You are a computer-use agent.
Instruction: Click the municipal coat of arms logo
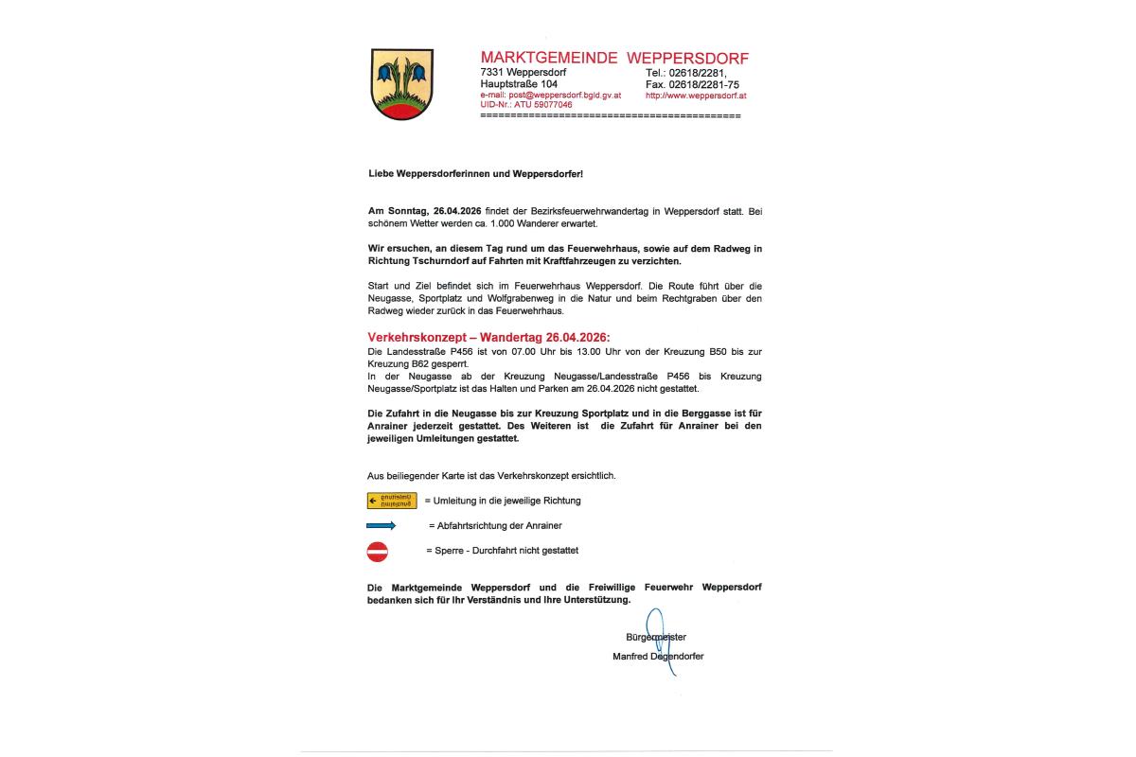tap(402, 83)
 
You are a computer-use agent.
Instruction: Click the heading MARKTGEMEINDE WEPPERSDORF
tap(614, 59)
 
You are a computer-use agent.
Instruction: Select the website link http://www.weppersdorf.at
tap(697, 96)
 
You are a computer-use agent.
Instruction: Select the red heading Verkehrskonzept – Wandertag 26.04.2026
tap(489, 338)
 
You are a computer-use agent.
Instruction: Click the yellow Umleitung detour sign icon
tap(392, 501)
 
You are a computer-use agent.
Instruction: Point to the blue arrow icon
tap(382, 525)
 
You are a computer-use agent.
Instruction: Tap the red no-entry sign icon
tap(378, 551)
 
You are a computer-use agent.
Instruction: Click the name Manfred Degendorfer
tap(658, 656)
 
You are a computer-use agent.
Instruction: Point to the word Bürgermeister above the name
tap(656, 637)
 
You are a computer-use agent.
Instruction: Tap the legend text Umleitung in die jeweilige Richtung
tap(506, 500)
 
